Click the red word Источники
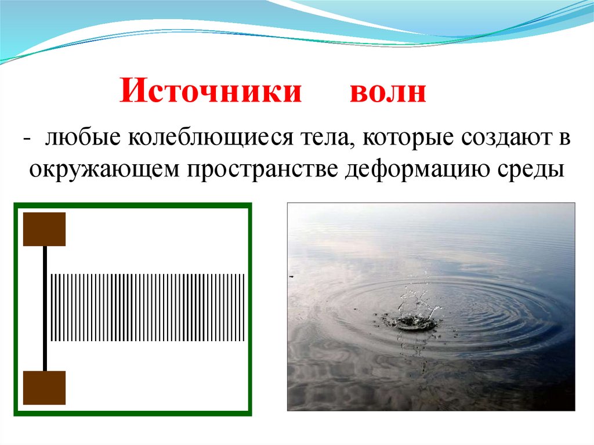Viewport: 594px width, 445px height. [211, 92]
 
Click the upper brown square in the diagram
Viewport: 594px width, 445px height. [44, 229]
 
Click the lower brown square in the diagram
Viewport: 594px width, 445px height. [44, 388]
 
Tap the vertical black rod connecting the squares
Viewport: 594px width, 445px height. [45, 307]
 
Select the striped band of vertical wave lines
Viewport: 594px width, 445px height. [148, 307]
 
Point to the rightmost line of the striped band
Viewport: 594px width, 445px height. [244, 307]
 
